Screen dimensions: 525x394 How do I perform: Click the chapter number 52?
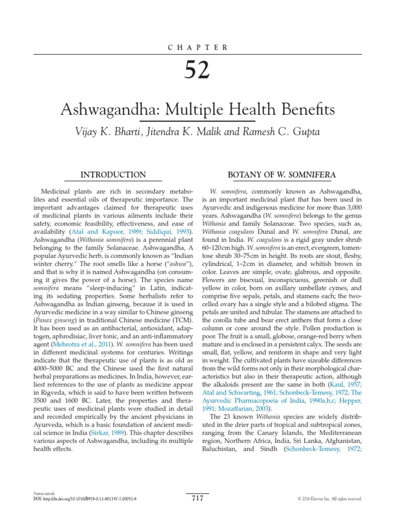(197, 70)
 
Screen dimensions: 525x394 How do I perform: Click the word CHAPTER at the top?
(197, 47)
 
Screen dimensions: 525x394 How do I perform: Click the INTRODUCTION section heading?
(113, 175)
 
